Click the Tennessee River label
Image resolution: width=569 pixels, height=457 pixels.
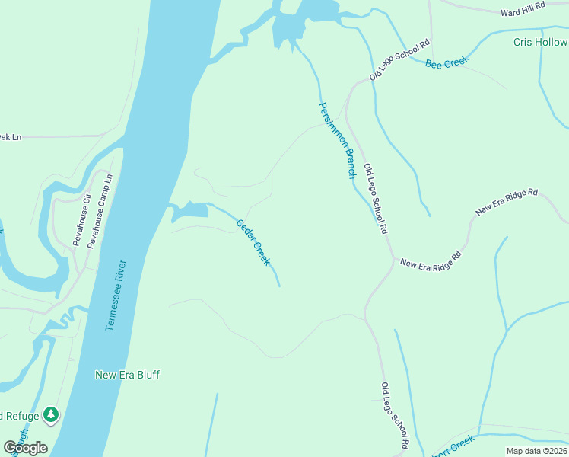[116, 296]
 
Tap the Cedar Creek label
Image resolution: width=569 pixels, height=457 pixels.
[253, 242]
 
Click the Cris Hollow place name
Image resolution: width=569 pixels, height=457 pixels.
[539, 42]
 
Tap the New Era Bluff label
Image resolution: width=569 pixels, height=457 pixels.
[127, 375]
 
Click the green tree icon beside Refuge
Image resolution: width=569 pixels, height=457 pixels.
[51, 415]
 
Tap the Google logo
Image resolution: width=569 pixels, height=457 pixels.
[25, 447]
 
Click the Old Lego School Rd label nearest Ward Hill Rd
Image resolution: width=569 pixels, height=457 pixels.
[400, 60]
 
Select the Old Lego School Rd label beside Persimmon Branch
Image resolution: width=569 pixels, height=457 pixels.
[376, 198]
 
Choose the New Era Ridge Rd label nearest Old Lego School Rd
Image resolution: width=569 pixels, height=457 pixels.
[431, 260]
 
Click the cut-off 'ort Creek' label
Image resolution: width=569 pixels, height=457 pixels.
[454, 443]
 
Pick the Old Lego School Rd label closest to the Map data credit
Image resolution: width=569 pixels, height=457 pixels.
[395, 415]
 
